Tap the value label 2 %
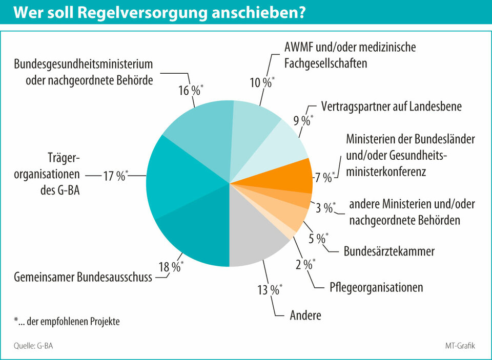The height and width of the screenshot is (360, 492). [x=304, y=265]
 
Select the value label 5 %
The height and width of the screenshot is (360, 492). [x=318, y=238]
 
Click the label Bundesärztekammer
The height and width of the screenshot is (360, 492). [x=389, y=251]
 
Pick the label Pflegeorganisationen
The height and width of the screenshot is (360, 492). [x=376, y=287]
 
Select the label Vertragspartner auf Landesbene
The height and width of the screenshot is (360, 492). [x=392, y=107]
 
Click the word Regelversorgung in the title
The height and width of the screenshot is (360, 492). [x=136, y=13]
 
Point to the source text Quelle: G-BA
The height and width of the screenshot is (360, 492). [x=33, y=346]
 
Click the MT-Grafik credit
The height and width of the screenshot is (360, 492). [x=460, y=346]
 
